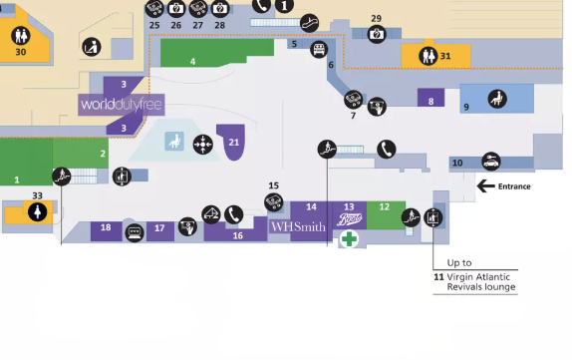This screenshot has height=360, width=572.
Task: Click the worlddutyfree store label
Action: click(122, 105)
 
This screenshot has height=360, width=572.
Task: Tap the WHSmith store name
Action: click(298, 226)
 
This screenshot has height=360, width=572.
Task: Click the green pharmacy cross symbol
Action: click(349, 239)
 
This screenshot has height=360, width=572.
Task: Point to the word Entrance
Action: click(514, 185)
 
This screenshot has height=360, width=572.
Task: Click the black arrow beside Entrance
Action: click(486, 185)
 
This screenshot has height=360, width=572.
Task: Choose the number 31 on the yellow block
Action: click(445, 57)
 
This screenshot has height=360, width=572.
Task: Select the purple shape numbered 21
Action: click(233, 145)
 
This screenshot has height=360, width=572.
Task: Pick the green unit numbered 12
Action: click(385, 207)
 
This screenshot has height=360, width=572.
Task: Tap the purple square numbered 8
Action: click(430, 101)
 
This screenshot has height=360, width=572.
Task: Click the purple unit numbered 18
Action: click(106, 228)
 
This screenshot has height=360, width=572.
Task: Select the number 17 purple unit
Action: click(158, 228)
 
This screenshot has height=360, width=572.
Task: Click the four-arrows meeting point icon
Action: click(202, 144)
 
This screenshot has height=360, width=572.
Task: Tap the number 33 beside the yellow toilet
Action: click(37, 195)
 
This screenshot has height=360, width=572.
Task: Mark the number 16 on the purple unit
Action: click(237, 236)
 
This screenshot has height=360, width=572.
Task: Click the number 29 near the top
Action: click(376, 18)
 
